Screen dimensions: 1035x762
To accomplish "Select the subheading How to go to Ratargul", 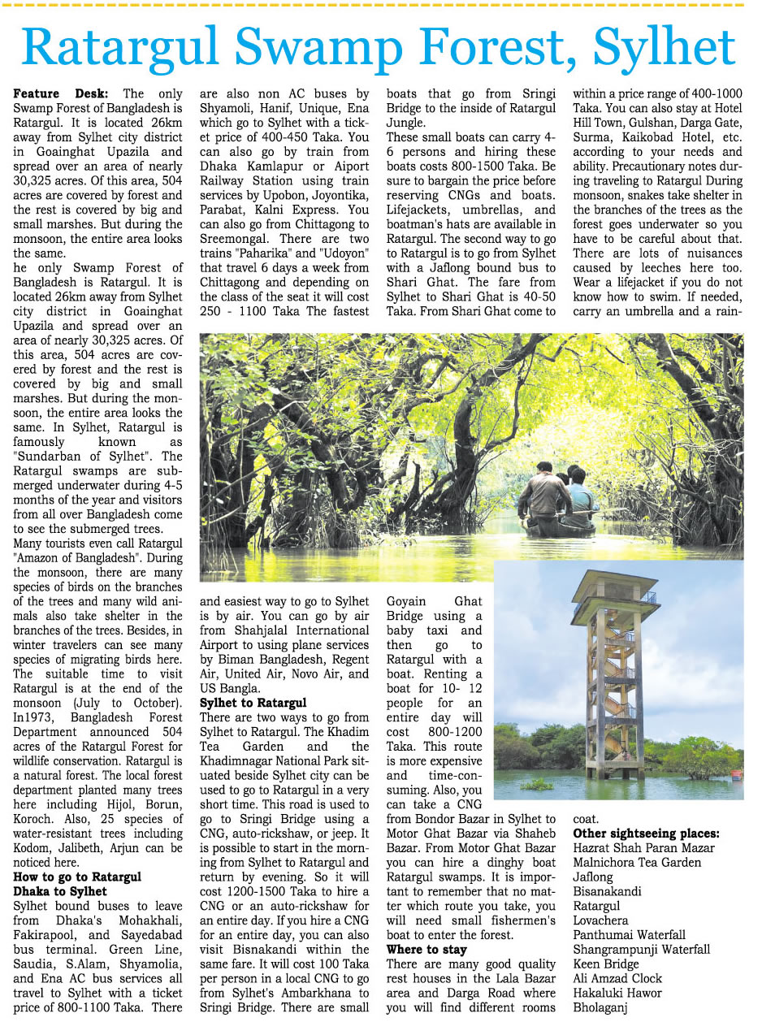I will (x=78, y=877).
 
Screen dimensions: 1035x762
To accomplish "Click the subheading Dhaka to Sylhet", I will (x=61, y=891).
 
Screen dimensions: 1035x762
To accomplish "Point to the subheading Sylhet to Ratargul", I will (x=253, y=702).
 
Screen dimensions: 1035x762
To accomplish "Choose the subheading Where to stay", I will (x=426, y=949).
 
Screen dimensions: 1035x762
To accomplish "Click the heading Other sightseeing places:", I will (x=646, y=834).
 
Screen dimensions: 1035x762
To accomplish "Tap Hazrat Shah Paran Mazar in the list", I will (x=643, y=848).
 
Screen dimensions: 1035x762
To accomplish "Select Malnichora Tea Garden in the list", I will (x=637, y=863).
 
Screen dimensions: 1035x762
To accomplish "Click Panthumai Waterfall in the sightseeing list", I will (x=629, y=935).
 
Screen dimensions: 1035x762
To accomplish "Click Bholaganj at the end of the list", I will (x=601, y=1007).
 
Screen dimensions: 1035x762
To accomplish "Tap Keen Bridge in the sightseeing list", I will (x=606, y=964).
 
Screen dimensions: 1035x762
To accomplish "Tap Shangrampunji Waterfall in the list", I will (x=641, y=949).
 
